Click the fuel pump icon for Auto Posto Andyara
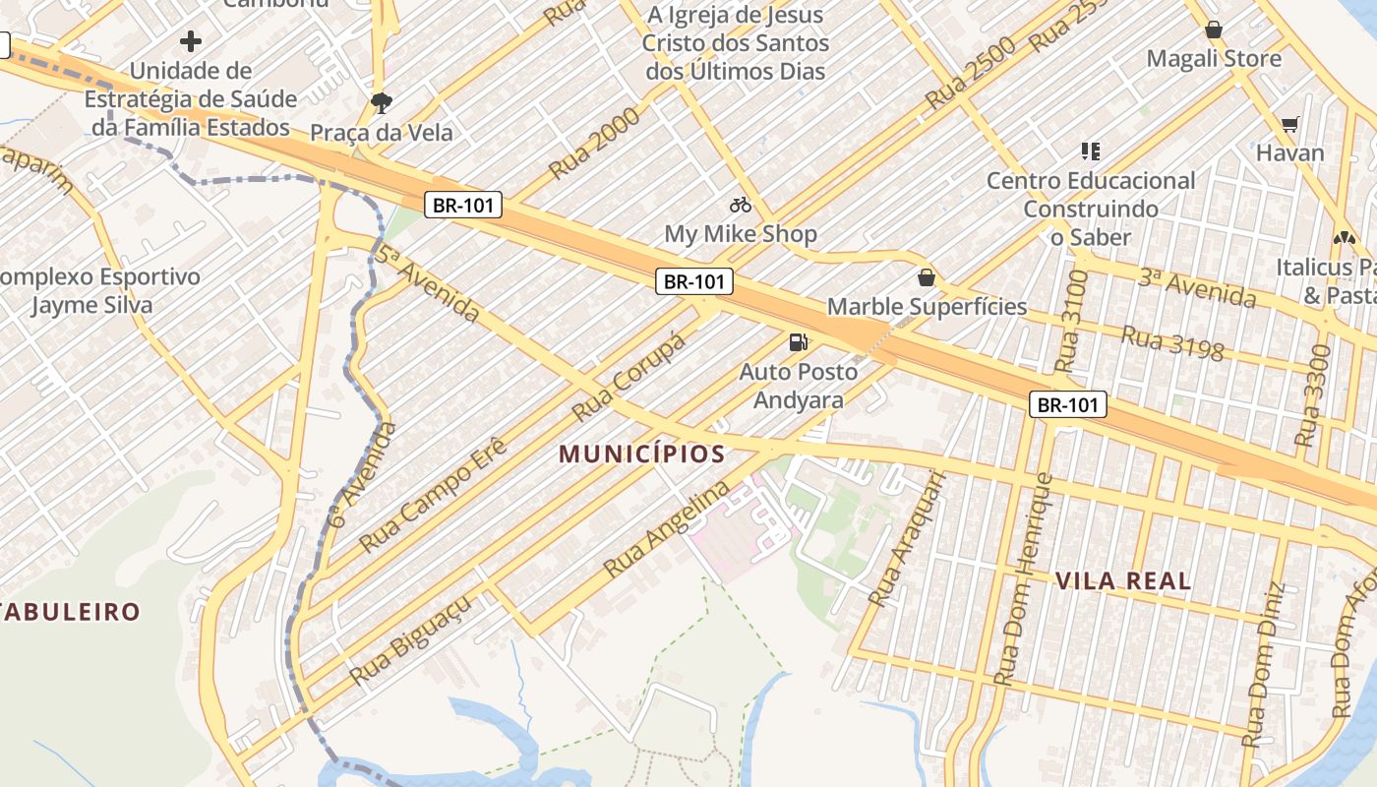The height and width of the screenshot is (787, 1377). [798, 342]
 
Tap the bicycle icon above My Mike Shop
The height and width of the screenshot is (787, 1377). [741, 205]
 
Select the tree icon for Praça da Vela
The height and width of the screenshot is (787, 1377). [381, 101]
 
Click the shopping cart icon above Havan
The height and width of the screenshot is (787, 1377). [1290, 124]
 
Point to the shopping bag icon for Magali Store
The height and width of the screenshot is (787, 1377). [1214, 30]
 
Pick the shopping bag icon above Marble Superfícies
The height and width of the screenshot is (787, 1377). [926, 277]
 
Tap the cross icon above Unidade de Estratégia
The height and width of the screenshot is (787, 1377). [191, 41]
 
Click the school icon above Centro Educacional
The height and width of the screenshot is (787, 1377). [1090, 151]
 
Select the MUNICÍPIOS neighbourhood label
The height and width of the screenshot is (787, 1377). [642, 454]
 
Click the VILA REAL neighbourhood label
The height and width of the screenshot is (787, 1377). [1123, 580]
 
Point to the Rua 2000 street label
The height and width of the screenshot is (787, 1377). [594, 144]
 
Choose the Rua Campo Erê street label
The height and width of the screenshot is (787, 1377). [433, 495]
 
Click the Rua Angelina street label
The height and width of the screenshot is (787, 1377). [668, 528]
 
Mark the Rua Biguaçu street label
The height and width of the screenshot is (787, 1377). [410, 640]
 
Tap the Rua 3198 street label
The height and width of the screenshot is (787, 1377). [1172, 343]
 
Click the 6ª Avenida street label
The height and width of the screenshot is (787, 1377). [364, 475]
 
